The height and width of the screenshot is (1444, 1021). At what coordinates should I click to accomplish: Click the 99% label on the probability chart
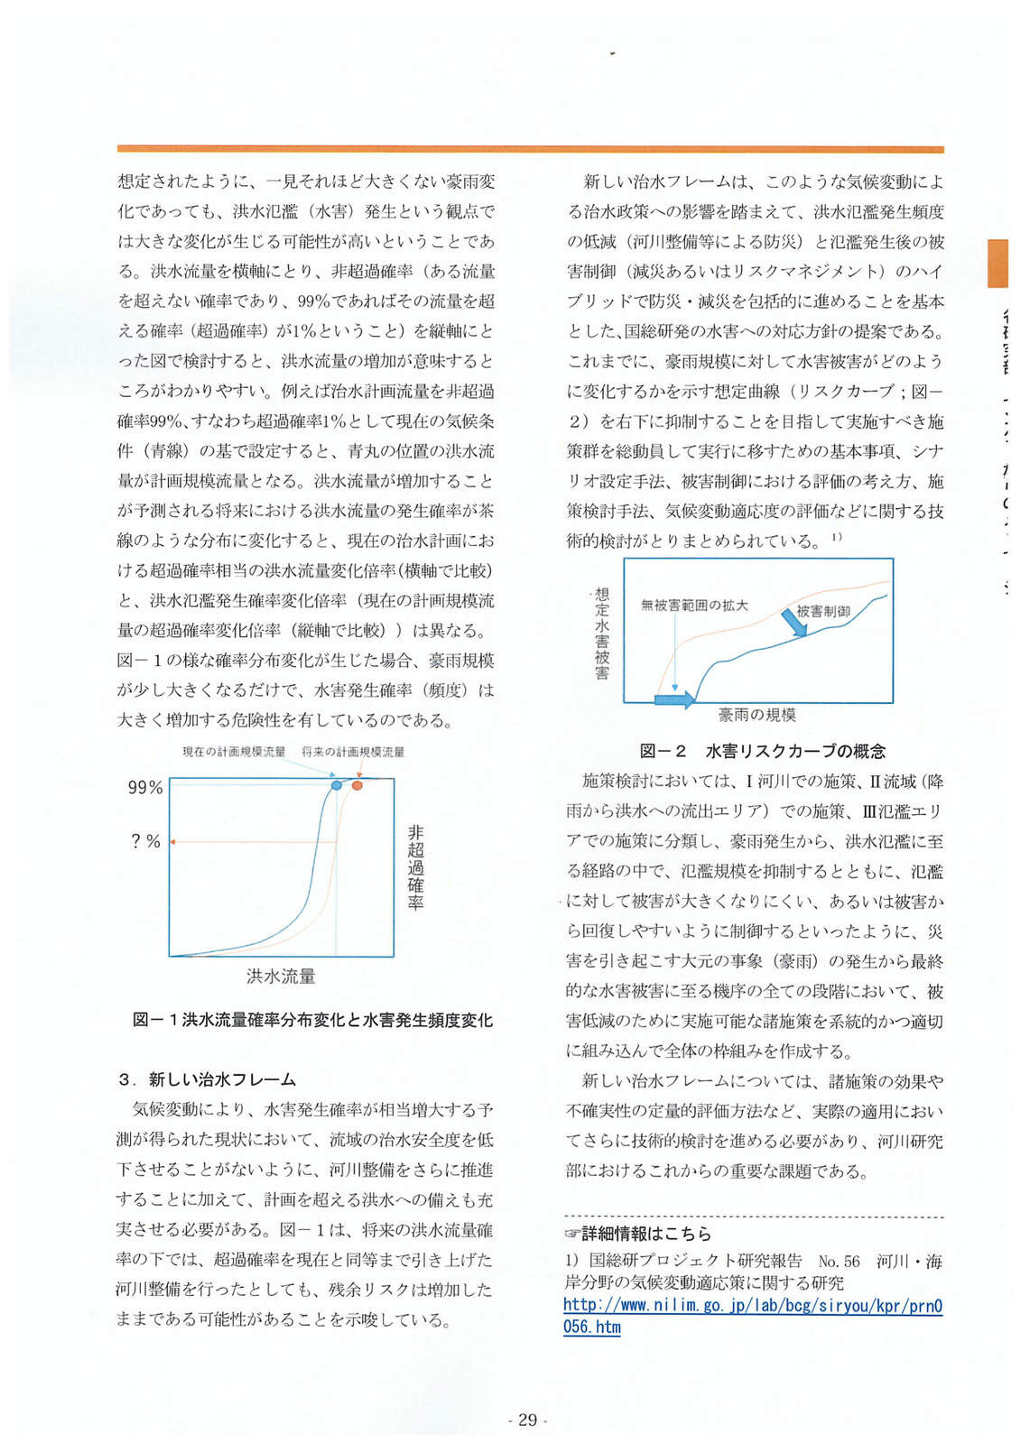[x=145, y=788]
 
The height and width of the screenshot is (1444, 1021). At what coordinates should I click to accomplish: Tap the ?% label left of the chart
[x=145, y=841]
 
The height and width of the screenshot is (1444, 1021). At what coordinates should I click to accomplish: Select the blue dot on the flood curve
[x=337, y=786]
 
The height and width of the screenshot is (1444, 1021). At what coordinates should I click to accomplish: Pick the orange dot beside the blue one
[x=357, y=785]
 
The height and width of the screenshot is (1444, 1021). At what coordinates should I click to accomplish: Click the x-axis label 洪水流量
[x=281, y=976]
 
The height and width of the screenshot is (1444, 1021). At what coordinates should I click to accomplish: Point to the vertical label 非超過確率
[x=414, y=866]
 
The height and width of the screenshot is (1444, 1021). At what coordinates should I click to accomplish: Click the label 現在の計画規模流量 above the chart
[x=234, y=752]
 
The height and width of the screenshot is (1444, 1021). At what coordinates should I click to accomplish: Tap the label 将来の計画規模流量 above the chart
[x=353, y=752]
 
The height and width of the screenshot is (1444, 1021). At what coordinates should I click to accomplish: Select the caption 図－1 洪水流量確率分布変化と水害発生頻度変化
[x=312, y=1020]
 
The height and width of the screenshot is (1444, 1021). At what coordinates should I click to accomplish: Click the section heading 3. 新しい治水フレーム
[x=208, y=1079]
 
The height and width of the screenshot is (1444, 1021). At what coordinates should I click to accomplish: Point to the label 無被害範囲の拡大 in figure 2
[x=694, y=605]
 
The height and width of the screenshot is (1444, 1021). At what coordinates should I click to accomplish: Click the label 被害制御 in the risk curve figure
[x=822, y=611]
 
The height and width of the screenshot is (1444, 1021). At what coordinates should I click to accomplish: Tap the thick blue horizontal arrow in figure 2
[x=674, y=699]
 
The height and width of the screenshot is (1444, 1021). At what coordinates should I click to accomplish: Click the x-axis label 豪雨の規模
[x=756, y=715]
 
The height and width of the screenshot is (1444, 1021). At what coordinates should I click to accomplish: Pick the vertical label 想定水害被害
[x=602, y=634]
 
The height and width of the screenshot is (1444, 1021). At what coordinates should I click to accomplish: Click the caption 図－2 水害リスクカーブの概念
[x=762, y=751]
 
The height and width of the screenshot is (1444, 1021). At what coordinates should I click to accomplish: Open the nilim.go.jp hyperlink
[x=752, y=1316]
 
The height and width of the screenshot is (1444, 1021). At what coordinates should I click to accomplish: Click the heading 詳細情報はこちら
[x=638, y=1234]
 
